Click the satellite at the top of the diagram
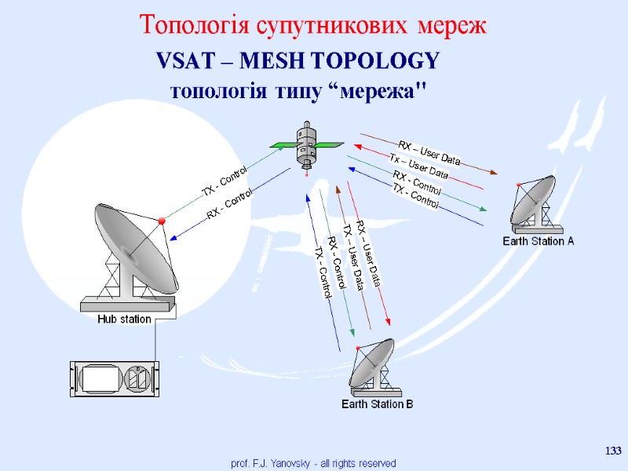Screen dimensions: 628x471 [x=307, y=145]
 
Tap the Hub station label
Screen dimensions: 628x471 [x=124, y=319]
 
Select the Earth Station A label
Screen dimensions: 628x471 [x=539, y=241]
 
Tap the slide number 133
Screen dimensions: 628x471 [x=613, y=450]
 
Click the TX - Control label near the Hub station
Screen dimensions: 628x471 [x=225, y=181]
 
